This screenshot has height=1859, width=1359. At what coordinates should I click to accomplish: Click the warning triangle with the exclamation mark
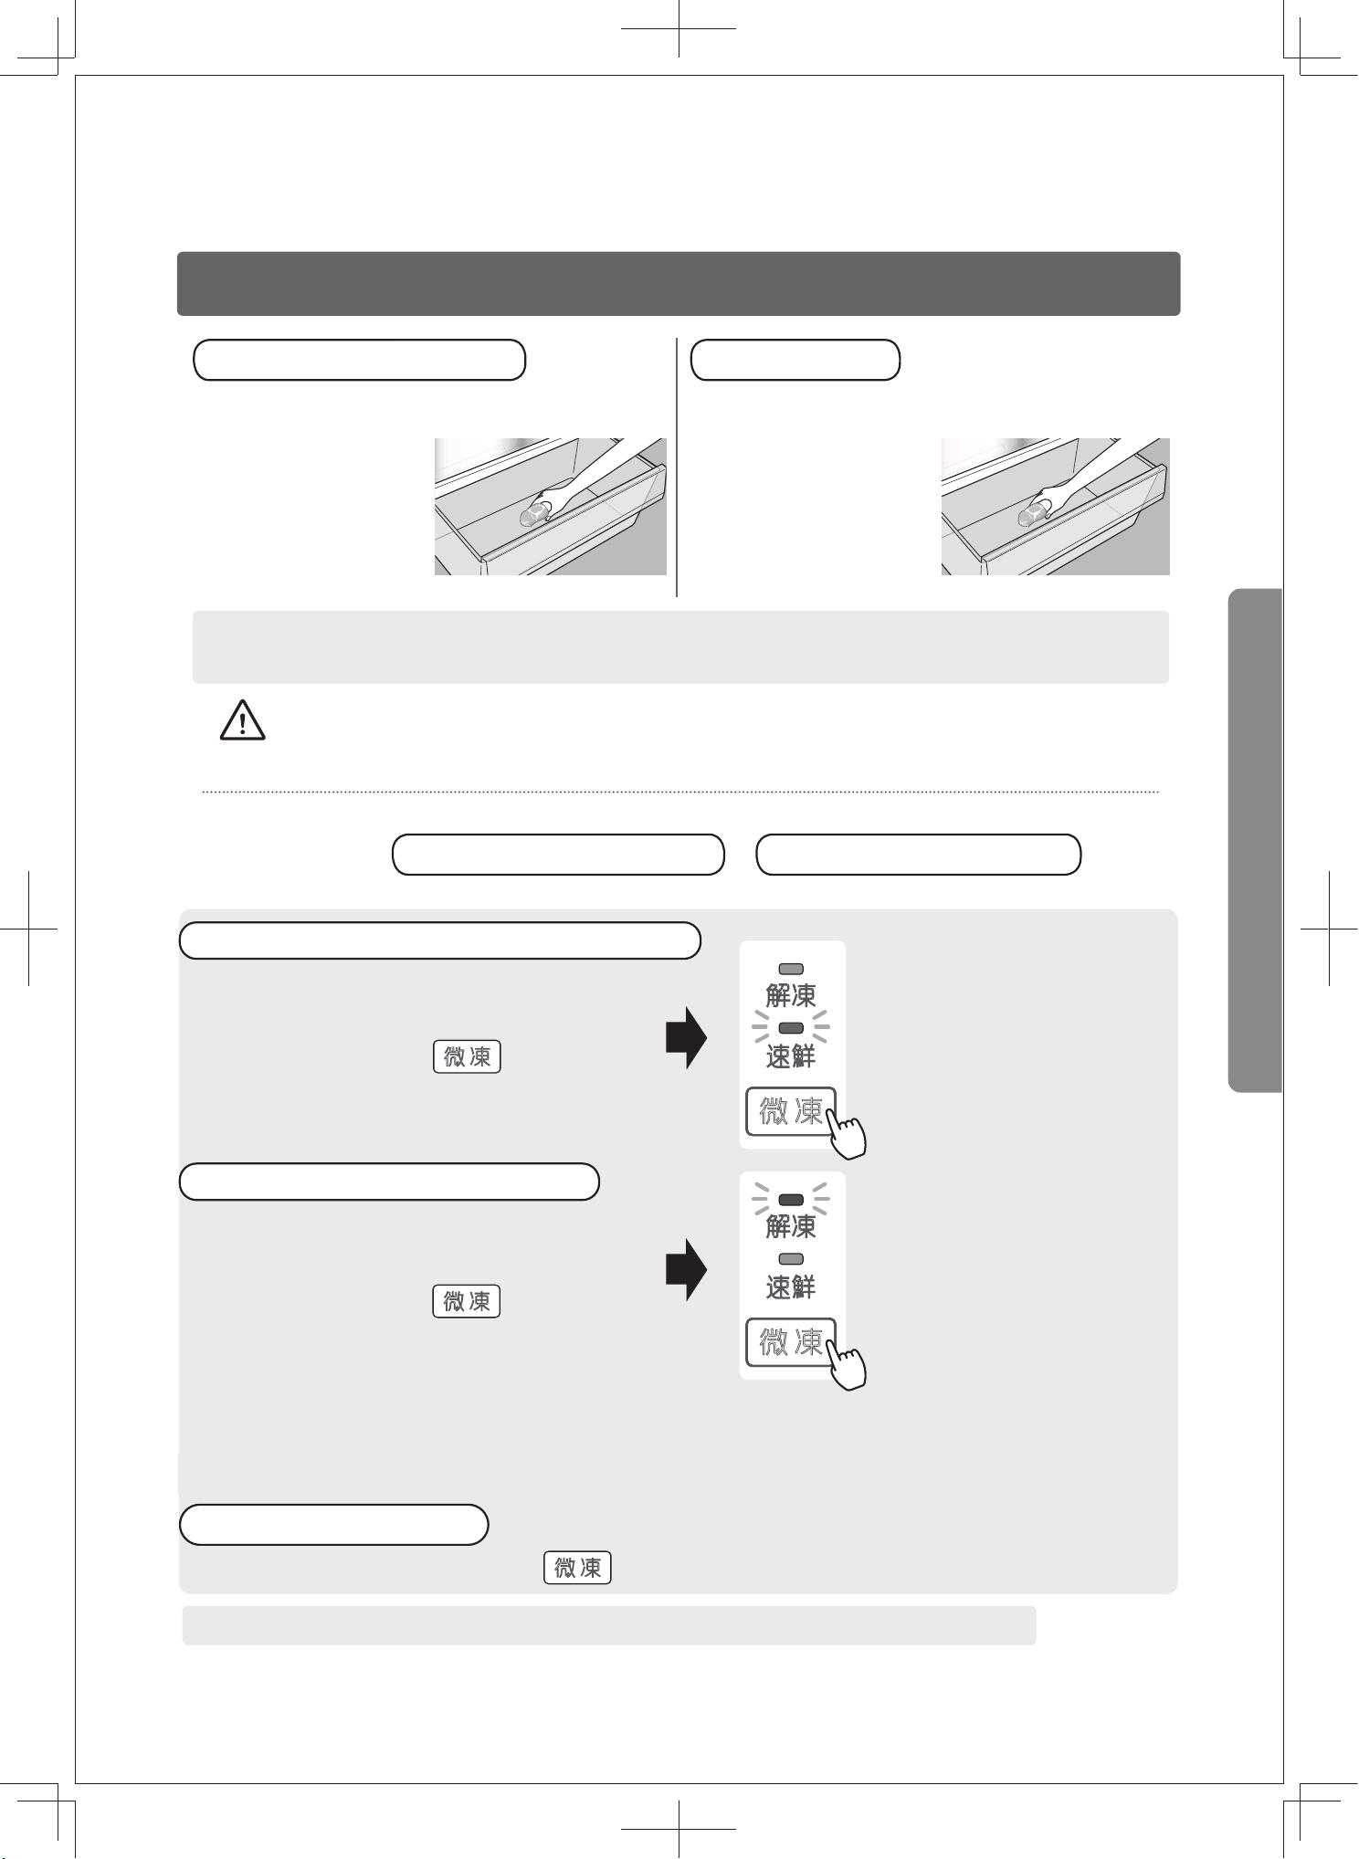coord(242,720)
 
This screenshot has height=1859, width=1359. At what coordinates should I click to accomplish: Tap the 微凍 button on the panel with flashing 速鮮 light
coord(790,1111)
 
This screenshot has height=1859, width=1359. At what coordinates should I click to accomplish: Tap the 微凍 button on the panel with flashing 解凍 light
coord(790,1342)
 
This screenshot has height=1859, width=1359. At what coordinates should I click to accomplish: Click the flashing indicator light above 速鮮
coord(791,1028)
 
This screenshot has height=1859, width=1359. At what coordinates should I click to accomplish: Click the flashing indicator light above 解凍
coord(791,1200)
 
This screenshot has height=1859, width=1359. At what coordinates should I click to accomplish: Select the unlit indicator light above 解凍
coord(791,969)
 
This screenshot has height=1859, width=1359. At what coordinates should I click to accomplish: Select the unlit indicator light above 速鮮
coord(791,1259)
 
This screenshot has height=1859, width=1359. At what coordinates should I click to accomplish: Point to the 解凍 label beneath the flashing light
coord(791,1225)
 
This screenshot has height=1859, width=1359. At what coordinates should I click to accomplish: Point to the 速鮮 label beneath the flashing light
coord(791,1056)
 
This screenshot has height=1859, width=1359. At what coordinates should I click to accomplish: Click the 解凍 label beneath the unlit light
coord(791,994)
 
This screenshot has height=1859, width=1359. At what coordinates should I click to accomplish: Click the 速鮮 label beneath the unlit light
coord(791,1287)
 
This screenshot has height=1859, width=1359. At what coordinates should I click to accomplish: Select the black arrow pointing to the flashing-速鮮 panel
coord(686,1038)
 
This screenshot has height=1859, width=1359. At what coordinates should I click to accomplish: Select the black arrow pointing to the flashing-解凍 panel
coord(686,1269)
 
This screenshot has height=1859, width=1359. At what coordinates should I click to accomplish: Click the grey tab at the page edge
coord(1256,840)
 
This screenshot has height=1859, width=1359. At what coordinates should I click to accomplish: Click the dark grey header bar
coord(679,284)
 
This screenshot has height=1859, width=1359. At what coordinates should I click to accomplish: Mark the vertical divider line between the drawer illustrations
coord(677,467)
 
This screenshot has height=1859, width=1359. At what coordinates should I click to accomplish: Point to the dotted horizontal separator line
coord(680,793)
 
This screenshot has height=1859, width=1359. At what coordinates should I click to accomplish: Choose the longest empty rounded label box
coord(440,940)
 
